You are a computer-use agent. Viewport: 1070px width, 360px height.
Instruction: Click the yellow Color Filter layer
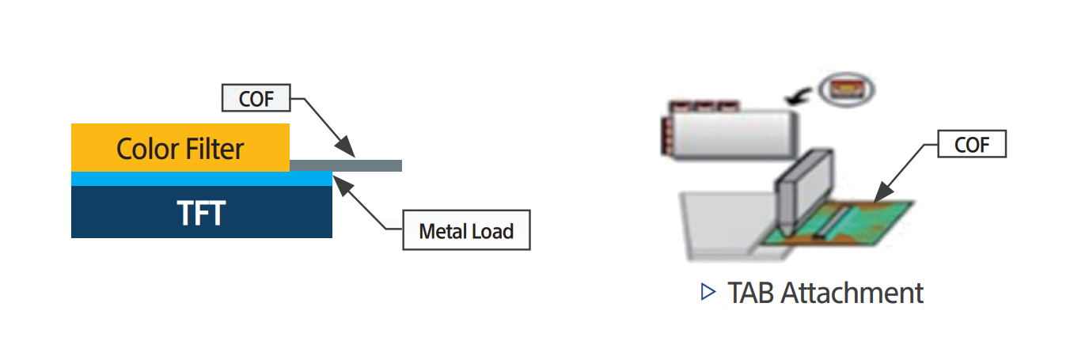180,148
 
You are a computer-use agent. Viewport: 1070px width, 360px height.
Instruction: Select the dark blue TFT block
201,212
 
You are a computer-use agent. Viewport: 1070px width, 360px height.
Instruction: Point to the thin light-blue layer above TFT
201,180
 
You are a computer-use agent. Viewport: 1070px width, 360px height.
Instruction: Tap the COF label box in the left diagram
256,99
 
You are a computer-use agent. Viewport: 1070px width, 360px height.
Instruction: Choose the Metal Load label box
466,232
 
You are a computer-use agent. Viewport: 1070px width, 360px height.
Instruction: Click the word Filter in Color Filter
211,148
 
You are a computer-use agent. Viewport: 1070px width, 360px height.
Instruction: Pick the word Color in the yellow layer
146,148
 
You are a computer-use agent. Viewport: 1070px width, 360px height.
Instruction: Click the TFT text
201,212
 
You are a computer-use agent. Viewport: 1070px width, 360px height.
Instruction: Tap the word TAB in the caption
750,293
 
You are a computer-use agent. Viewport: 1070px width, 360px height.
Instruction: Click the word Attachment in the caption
852,293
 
